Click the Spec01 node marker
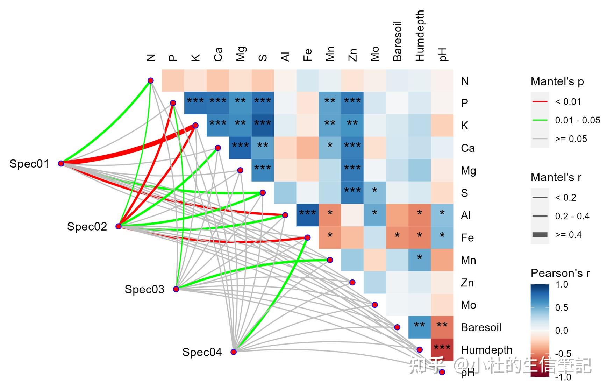(61, 163)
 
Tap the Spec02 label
(87, 227)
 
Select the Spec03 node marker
(176, 289)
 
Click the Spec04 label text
(202, 352)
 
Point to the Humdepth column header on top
(420, 36)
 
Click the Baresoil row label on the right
(481, 327)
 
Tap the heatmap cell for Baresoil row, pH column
(442, 327)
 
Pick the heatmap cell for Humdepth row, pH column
(442, 349)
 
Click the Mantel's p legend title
(557, 81)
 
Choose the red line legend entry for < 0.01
(540, 102)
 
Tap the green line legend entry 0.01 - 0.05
(540, 120)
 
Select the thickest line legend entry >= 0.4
(540, 235)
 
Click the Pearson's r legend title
(560, 273)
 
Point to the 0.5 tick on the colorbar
(561, 307)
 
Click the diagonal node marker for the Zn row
(352, 282)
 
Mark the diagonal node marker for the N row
(151, 80)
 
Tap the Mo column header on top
(375, 54)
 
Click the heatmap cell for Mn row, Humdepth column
(420, 260)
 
